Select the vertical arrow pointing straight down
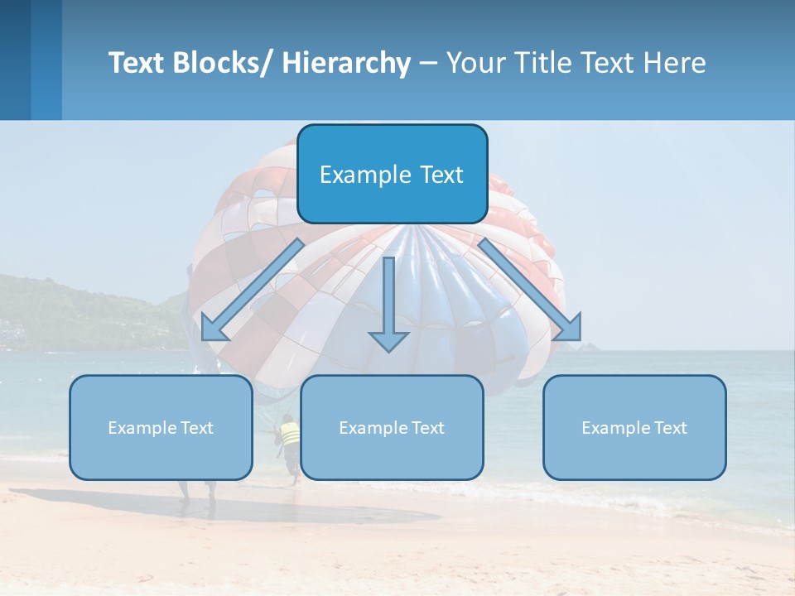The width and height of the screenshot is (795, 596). pos(388,302)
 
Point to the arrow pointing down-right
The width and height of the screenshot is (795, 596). pos(530,290)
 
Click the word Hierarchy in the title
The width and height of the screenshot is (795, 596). pos(346,63)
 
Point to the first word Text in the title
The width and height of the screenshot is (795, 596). pos(137,63)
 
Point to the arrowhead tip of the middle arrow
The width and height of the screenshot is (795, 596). pos(388,352)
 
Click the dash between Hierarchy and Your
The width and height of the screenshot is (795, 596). pos(428,64)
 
